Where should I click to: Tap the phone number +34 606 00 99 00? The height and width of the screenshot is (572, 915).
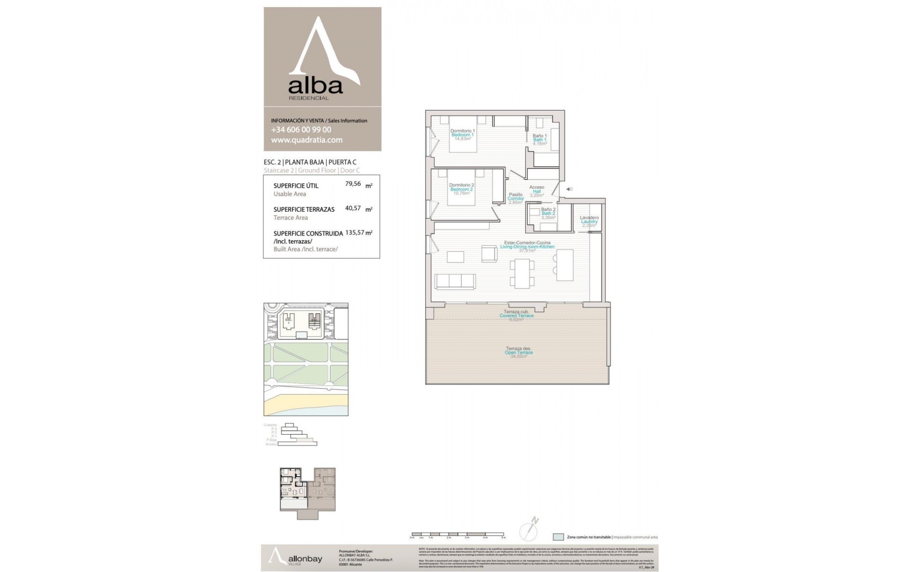click(x=301, y=130)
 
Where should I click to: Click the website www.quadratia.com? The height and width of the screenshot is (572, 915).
click(x=307, y=140)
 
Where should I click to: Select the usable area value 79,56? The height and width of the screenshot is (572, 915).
click(x=353, y=184)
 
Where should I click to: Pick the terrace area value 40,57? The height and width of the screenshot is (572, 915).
click(x=353, y=208)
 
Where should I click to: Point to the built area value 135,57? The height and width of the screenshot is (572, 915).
click(x=355, y=233)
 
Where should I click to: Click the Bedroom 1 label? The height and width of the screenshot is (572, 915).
click(x=462, y=135)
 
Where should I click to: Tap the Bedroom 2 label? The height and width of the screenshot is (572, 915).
click(x=461, y=189)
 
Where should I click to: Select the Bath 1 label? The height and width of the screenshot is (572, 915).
click(x=539, y=140)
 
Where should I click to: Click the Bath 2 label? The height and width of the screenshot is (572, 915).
click(x=548, y=213)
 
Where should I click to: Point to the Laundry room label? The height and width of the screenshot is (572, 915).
click(x=589, y=222)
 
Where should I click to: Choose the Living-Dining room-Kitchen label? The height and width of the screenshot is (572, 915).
click(x=527, y=246)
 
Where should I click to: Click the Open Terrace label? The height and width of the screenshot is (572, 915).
click(x=518, y=352)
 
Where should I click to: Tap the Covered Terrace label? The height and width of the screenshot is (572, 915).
click(x=516, y=316)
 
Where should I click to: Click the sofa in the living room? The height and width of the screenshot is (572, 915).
click(x=455, y=282)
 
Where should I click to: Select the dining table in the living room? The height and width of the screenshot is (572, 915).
click(x=522, y=273)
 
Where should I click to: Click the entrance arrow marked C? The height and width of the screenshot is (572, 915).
click(x=568, y=189)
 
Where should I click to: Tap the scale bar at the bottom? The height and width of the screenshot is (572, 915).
click(x=457, y=534)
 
